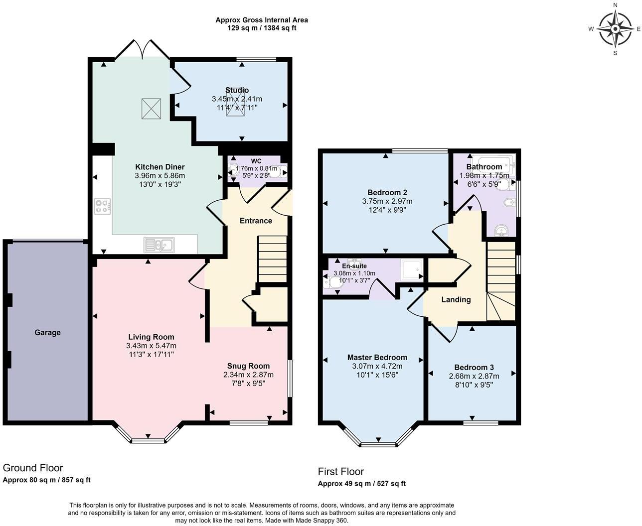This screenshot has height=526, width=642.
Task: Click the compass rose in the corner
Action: click(x=615, y=29)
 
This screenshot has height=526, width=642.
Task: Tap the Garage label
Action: click(x=47, y=332)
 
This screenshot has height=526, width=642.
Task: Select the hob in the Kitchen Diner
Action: click(x=103, y=206)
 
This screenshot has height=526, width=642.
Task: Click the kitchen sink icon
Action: click(x=159, y=245)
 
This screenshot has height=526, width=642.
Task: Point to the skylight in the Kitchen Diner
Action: click(x=152, y=109)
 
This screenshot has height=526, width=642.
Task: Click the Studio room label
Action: click(x=237, y=90)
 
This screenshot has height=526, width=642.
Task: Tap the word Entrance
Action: click(x=256, y=221)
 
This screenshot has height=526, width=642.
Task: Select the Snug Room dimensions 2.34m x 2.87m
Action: click(x=248, y=375)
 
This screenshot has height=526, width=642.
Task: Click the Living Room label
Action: click(x=151, y=337)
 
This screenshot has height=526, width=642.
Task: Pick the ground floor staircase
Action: click(x=272, y=259)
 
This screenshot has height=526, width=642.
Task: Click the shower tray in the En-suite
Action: click(x=411, y=269)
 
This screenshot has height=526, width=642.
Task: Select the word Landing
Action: click(x=456, y=299)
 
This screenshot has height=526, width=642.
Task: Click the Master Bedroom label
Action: click(x=377, y=357)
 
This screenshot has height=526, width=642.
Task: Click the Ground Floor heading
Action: click(x=33, y=468)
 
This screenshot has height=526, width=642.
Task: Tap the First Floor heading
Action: click(x=341, y=471)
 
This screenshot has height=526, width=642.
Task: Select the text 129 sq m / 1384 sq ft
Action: click(x=262, y=28)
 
